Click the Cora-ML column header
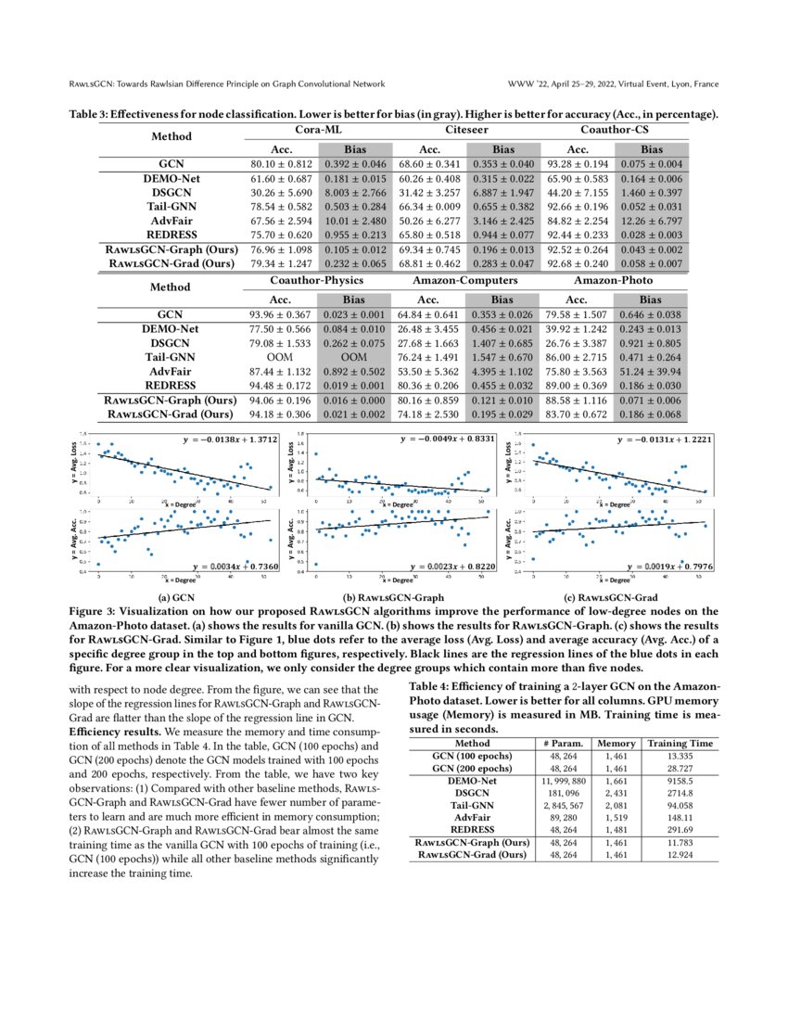coord(318,130)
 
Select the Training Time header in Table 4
coord(680,743)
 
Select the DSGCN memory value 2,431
coord(616,793)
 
